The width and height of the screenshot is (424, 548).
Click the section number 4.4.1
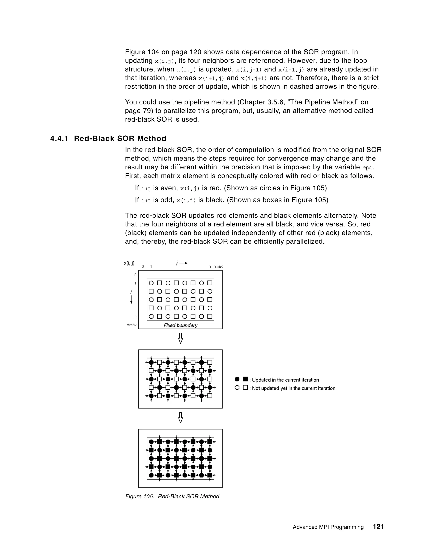59,139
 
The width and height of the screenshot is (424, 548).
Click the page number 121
378,526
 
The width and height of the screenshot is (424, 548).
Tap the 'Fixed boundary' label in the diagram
180,325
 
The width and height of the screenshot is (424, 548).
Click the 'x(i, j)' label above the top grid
129,263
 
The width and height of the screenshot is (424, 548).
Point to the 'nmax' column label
218,267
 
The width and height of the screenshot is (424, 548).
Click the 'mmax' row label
132,325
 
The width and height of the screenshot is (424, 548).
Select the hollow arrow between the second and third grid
180,418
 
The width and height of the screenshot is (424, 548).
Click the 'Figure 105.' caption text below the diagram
139,496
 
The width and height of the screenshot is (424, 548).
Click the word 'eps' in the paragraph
367,167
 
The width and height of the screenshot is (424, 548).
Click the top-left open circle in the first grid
151,283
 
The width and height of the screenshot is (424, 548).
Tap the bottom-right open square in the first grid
210,316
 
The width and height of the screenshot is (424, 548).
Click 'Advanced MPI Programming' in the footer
328,527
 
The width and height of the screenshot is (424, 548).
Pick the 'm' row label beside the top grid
135,317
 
